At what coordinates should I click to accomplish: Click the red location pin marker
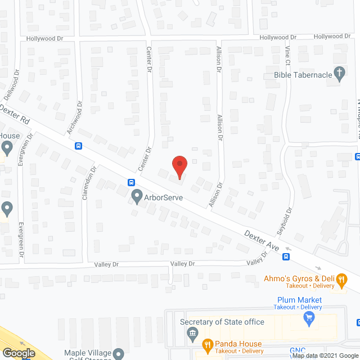click(x=179, y=166)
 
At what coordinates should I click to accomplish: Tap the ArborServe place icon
click(x=136, y=196)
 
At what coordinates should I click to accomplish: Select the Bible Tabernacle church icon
click(x=339, y=74)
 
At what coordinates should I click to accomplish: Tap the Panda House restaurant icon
click(x=207, y=344)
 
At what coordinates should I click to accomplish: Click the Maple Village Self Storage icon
click(x=118, y=354)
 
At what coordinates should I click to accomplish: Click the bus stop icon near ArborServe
click(x=131, y=182)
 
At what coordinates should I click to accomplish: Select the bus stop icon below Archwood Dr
click(x=79, y=146)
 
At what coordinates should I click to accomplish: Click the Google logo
click(x=18, y=353)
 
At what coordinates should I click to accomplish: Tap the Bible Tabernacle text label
click(x=302, y=74)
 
